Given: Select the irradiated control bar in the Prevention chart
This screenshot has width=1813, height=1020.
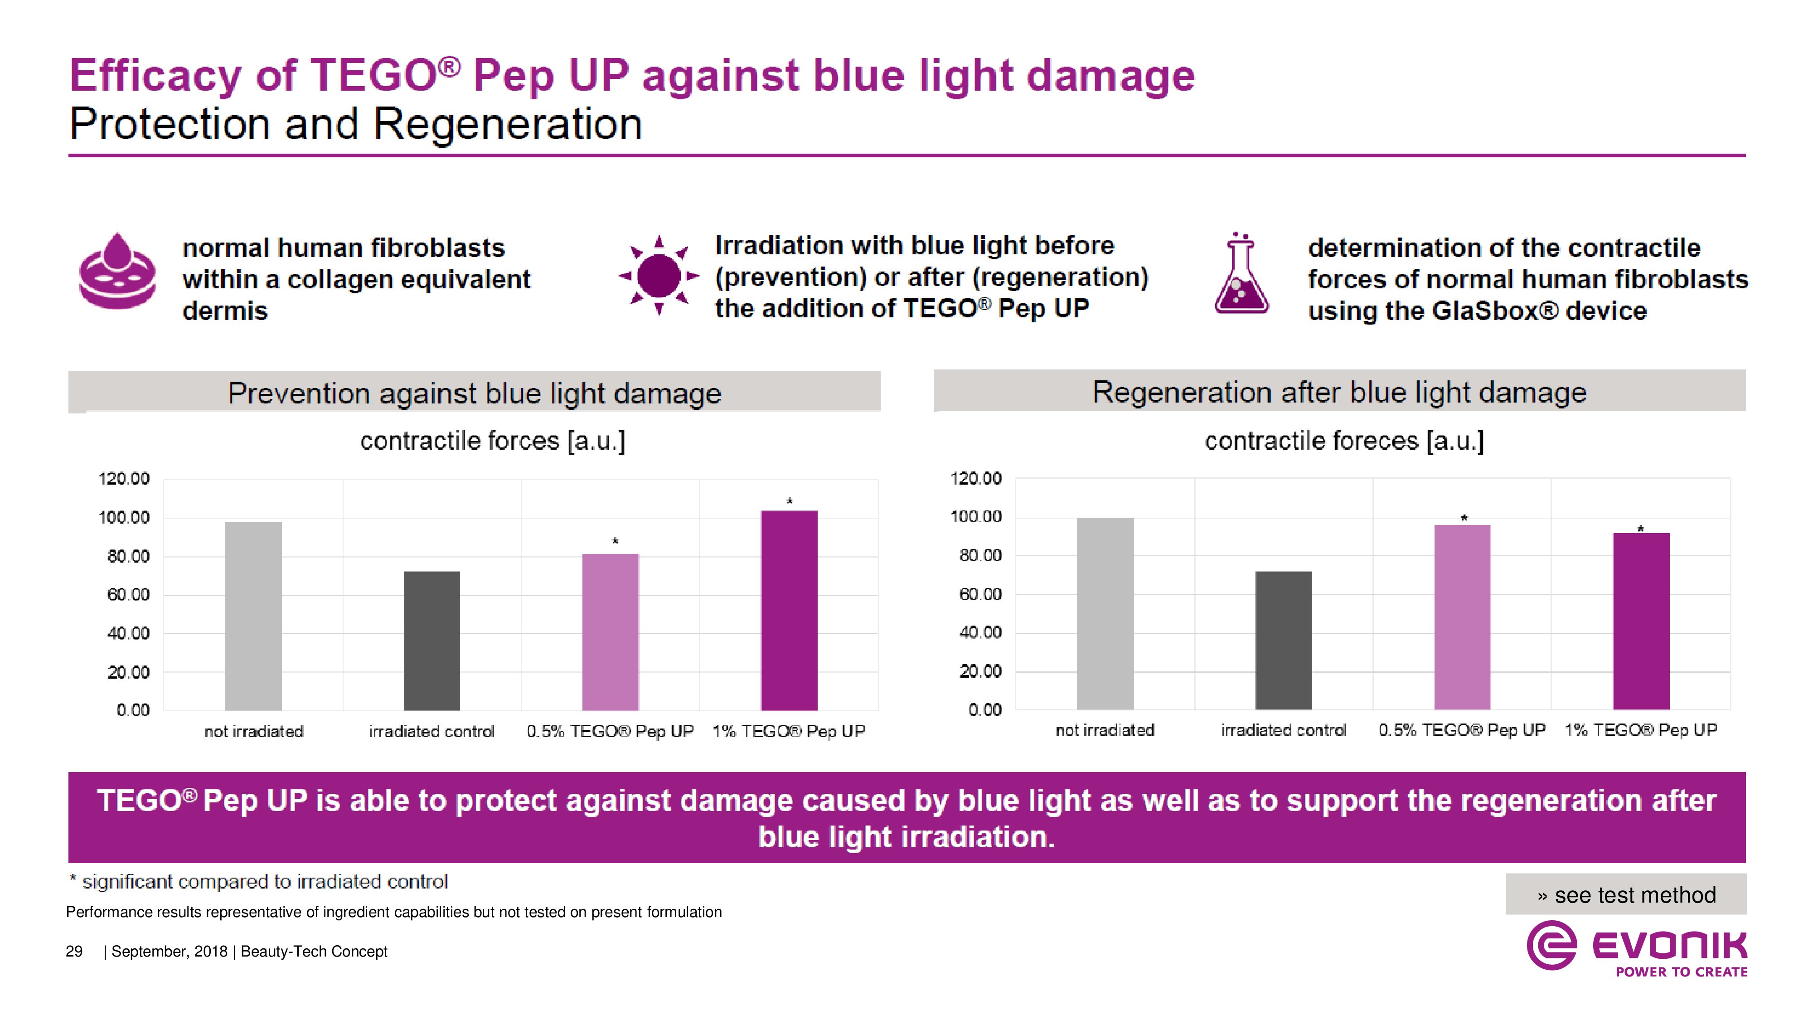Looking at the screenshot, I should (431, 641).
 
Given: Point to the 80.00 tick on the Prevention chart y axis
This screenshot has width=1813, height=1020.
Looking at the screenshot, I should (128, 557).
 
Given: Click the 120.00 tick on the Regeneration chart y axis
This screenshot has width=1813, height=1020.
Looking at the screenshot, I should (975, 479).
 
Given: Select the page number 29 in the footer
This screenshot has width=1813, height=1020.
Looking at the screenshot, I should (74, 952).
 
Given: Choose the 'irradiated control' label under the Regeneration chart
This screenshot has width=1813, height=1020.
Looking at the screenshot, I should (1283, 730).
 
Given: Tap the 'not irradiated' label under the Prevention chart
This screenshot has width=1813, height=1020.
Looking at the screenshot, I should (253, 731).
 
